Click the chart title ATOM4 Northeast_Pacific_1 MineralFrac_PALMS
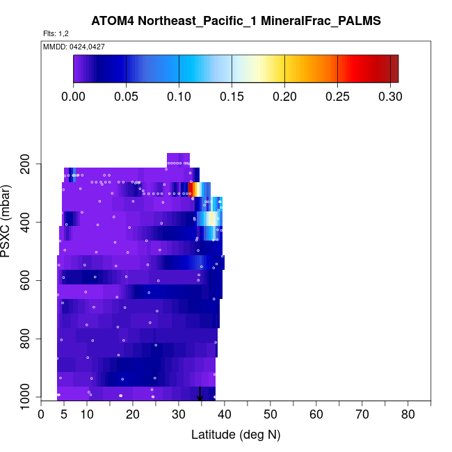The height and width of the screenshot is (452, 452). [236, 21]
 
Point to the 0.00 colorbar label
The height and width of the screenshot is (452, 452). [74, 96]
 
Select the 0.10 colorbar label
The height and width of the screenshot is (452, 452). [179, 96]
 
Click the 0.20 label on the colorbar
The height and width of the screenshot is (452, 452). [284, 96]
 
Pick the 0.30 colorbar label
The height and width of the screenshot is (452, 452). [390, 96]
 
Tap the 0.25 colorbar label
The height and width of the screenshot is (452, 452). [337, 96]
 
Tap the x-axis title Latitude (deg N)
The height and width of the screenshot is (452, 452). [236, 435]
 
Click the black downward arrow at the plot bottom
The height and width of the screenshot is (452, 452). [200, 395]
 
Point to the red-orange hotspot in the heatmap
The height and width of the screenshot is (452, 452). [192, 189]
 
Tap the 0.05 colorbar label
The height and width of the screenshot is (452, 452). [127, 96]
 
